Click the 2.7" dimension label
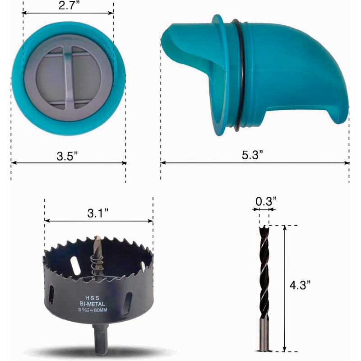69,5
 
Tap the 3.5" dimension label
67,156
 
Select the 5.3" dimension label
252,155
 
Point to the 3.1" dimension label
97,213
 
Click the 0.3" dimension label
266,201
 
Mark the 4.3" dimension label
300,285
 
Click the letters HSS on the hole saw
93,298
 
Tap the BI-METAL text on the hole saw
93,304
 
